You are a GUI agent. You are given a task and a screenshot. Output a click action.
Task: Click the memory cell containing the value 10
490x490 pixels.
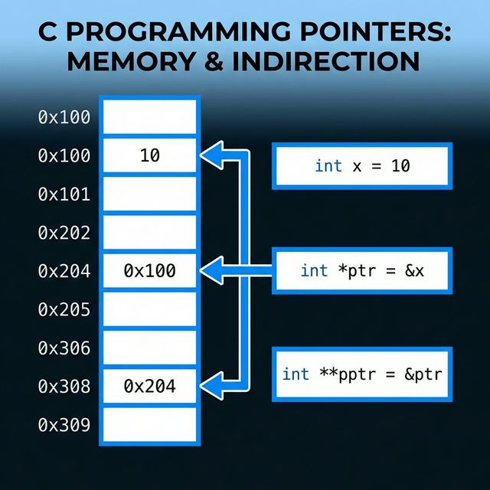pos(150,155)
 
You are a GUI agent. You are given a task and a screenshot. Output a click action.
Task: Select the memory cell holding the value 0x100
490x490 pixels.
pos(150,270)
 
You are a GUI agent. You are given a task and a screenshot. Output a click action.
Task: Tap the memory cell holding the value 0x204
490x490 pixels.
pos(150,386)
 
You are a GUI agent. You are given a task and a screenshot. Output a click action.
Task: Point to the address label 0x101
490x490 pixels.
pos(64,194)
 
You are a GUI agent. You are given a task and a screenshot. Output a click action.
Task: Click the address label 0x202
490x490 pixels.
pos(64,233)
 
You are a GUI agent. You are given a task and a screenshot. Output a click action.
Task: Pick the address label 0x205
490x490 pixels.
pos(64,309)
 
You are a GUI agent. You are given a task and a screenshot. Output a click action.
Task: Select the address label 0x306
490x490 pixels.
pos(64,348)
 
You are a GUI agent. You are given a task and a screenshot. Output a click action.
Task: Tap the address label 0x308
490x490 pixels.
pos(64,387)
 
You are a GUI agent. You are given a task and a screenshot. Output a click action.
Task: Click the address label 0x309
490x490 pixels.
pos(64,425)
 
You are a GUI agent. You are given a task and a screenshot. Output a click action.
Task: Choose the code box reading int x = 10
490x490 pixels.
pos(362,165)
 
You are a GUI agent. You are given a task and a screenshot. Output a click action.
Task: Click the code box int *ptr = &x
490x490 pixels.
pos(362,270)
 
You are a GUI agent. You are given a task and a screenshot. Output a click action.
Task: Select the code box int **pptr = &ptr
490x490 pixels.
pos(362,374)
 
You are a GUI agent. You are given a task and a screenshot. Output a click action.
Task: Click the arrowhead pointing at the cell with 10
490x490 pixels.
pos(210,155)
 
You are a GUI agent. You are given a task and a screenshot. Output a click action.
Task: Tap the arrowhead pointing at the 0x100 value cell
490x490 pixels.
pos(210,270)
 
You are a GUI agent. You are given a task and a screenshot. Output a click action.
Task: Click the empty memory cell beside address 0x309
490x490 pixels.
pos(150,424)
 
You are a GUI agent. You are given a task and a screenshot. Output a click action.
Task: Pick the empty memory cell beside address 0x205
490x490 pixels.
pos(150,309)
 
